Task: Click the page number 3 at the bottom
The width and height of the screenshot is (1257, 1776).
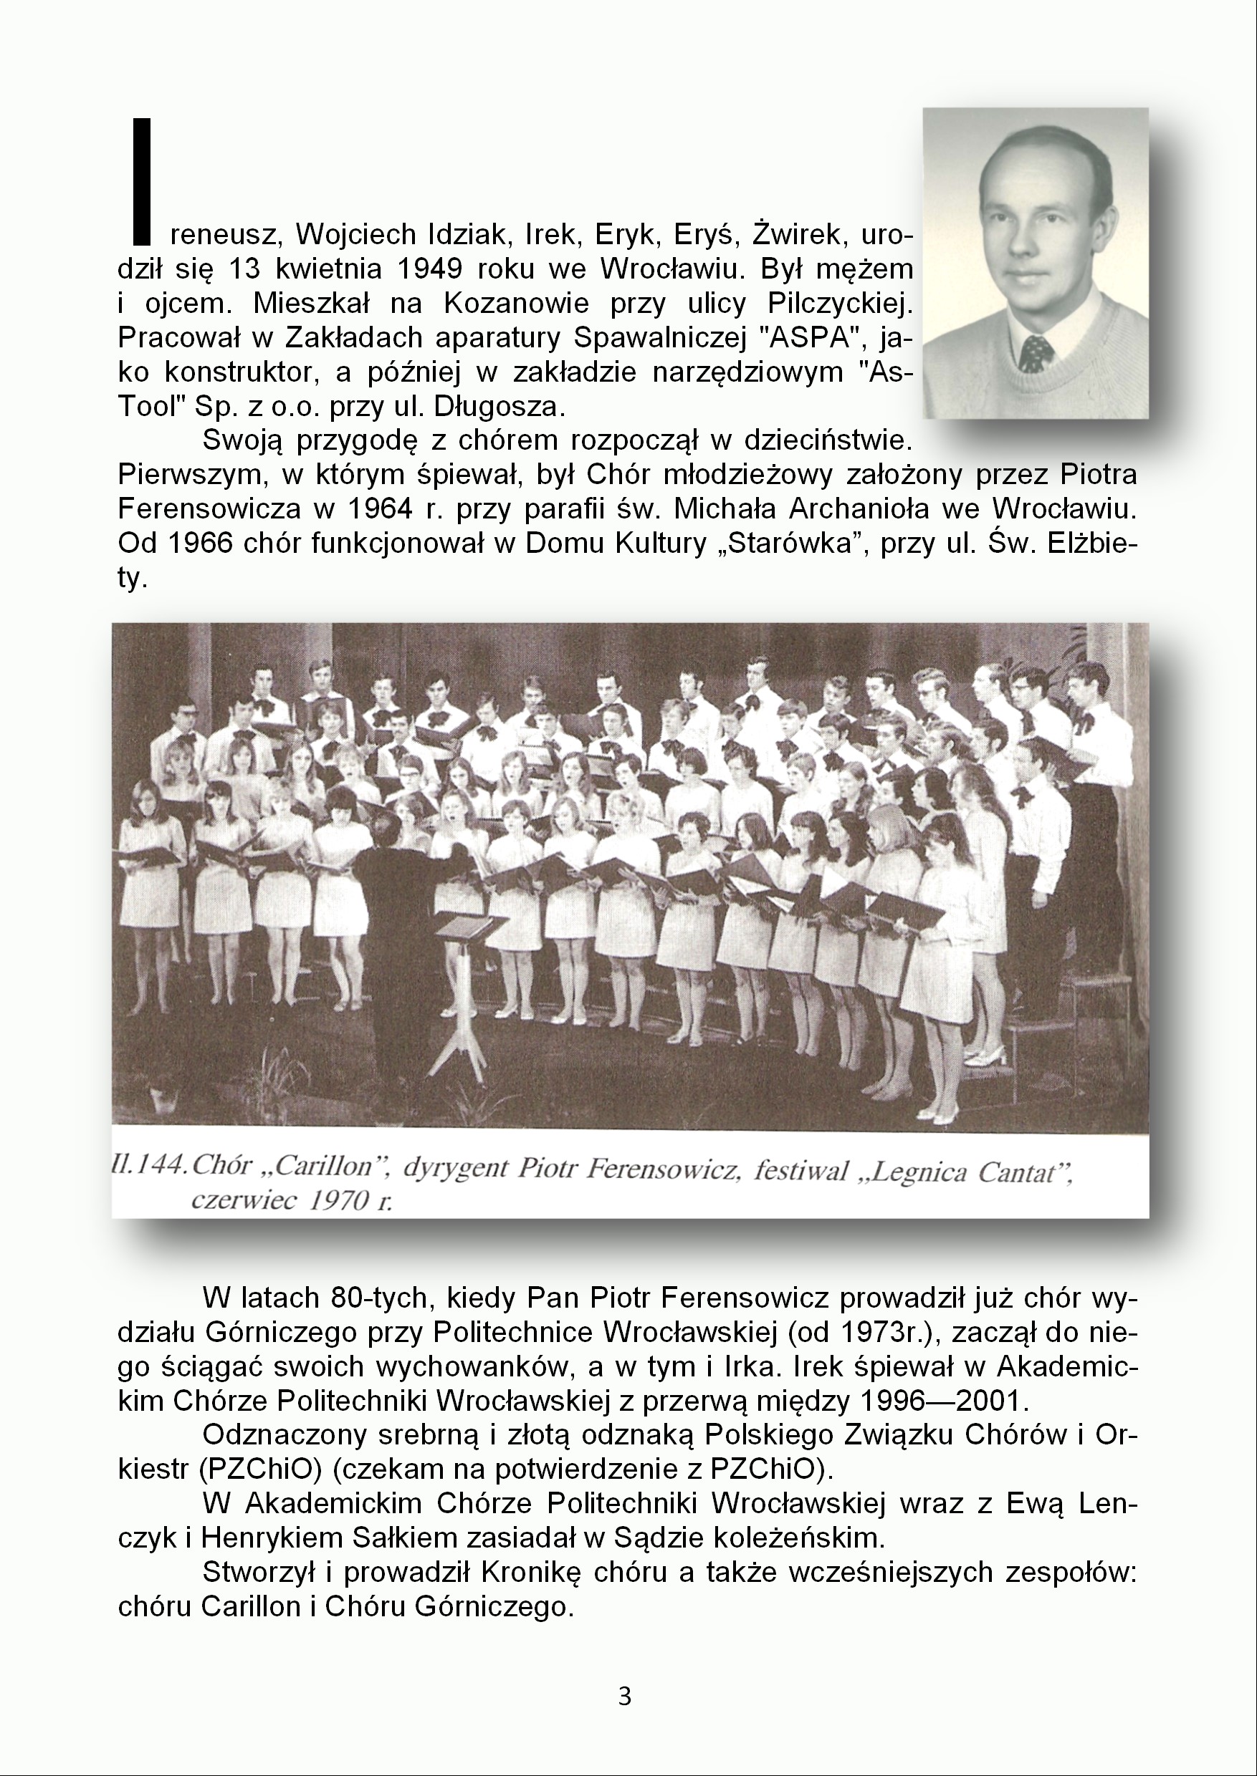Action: coord(625,1697)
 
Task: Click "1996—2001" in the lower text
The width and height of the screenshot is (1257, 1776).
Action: coord(940,1400)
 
